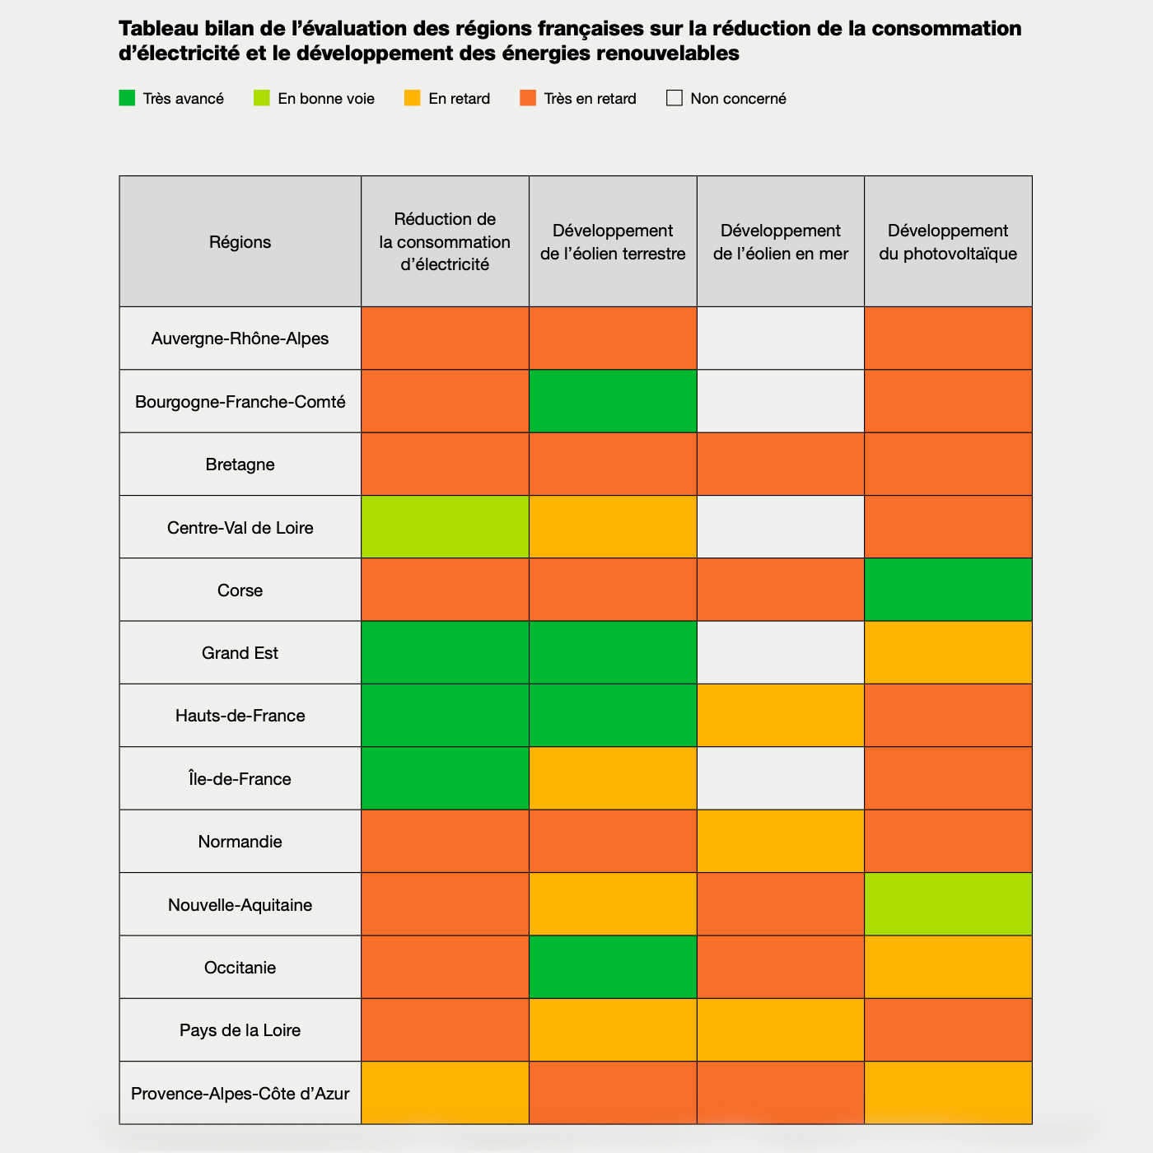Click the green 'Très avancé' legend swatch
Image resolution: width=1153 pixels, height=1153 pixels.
[127, 98]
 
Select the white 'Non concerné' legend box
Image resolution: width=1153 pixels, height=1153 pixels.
[675, 98]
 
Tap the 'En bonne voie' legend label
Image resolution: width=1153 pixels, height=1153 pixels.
[325, 99]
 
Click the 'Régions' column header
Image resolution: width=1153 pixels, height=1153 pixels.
[240, 242]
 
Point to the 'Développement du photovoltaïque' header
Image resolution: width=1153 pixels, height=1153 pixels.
[948, 242]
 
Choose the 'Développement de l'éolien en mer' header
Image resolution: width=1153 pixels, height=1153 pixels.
[780, 242]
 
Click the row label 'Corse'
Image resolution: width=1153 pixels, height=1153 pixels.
[240, 591]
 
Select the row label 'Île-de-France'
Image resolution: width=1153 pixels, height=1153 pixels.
[240, 779]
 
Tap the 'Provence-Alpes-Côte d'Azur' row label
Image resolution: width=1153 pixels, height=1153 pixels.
[240, 1094]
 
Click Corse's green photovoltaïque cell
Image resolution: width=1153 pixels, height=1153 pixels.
[948, 590]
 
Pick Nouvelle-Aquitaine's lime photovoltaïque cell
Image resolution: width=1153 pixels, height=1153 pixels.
[948, 904]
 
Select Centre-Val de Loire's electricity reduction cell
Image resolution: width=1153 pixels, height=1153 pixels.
[445, 527]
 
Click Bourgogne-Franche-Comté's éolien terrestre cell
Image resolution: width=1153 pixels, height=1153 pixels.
[613, 401]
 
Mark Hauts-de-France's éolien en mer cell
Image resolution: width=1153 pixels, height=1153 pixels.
[780, 716]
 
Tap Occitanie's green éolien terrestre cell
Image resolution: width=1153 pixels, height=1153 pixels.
[613, 967]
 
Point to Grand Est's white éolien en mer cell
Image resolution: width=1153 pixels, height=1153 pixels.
[780, 652]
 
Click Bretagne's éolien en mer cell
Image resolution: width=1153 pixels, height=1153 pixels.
[780, 464]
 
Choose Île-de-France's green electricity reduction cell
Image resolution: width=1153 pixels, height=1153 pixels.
[445, 778]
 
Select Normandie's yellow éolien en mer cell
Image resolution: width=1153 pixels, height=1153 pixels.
[780, 841]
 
